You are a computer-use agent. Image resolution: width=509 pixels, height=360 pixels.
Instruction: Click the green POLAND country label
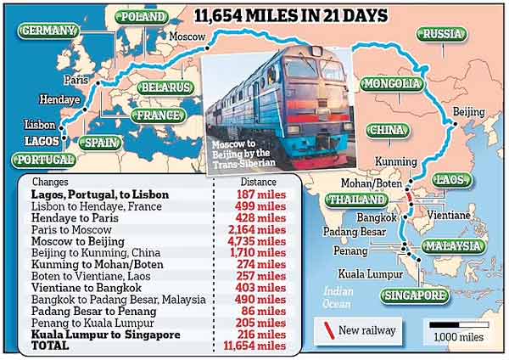click(143, 16)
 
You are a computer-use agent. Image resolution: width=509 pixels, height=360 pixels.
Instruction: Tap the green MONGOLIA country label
click(391, 83)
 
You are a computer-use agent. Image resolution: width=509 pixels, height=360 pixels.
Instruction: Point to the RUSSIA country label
click(442, 34)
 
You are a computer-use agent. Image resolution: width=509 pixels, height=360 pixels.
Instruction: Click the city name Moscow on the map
click(187, 37)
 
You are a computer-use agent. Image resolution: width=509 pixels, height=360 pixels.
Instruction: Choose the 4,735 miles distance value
click(260, 241)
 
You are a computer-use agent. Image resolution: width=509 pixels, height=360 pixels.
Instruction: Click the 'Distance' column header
click(258, 181)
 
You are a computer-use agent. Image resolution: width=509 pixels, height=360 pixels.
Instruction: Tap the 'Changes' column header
click(51, 181)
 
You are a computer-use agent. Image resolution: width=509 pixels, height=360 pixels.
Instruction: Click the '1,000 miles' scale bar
click(460, 324)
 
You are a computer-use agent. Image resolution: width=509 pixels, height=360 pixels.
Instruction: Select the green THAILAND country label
click(350, 199)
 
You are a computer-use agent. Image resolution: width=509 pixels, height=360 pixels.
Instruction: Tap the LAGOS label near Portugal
click(41, 141)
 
